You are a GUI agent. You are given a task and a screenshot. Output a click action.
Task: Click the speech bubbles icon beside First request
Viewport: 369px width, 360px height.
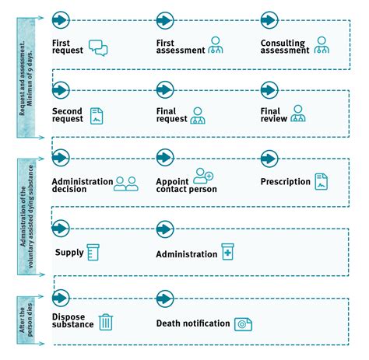click(x=98, y=47)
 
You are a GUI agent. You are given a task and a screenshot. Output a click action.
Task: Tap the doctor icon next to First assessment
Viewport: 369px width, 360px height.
click(x=216, y=45)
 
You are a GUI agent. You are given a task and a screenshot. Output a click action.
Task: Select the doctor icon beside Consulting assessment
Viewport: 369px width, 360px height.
click(x=322, y=45)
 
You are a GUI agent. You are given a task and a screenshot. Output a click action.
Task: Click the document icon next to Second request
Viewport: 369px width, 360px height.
click(x=97, y=116)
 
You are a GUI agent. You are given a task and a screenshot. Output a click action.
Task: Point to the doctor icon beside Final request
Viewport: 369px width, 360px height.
click(x=198, y=116)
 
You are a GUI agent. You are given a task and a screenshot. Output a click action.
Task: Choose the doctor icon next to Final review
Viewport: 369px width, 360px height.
click(x=298, y=114)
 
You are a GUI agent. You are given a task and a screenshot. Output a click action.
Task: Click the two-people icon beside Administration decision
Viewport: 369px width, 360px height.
click(x=126, y=184)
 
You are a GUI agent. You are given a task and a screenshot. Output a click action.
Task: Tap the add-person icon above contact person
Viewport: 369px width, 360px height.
click(x=203, y=176)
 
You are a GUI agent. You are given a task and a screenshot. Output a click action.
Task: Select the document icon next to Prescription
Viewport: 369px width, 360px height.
click(x=322, y=182)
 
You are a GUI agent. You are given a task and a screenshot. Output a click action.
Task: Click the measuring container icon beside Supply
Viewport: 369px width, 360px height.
click(x=93, y=252)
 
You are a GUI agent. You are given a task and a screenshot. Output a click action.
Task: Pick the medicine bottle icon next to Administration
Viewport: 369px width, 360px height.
click(x=227, y=252)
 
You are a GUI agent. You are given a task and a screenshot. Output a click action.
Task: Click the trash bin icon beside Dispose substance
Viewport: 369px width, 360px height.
click(x=106, y=322)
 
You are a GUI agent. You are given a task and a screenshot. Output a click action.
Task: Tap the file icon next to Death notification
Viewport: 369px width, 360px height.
click(x=243, y=324)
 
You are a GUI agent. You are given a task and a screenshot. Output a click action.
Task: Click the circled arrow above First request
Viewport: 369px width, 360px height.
click(x=61, y=20)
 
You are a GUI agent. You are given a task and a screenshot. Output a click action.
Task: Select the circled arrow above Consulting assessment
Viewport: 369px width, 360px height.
click(x=269, y=20)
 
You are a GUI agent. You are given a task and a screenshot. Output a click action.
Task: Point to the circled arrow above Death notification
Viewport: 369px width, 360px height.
click(x=165, y=299)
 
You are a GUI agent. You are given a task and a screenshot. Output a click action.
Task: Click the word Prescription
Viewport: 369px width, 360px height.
click(x=286, y=182)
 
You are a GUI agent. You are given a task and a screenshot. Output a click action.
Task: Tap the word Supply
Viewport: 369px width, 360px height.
click(x=69, y=253)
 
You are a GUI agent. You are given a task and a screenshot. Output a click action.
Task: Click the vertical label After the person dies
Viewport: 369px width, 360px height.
click(x=26, y=320)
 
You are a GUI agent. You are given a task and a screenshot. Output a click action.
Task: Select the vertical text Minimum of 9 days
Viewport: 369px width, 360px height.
click(x=30, y=78)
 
